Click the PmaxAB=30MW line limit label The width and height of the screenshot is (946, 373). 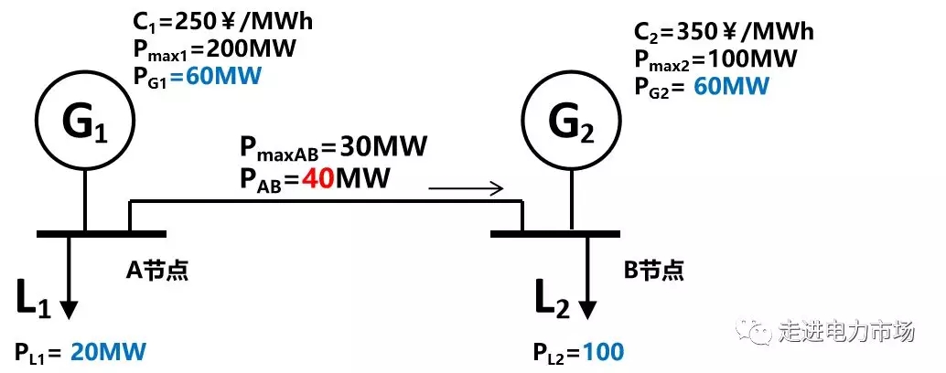click(334, 146)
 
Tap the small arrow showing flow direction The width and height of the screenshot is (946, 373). click(466, 189)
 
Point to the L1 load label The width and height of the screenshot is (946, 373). click(32, 301)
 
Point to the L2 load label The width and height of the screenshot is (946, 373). click(552, 301)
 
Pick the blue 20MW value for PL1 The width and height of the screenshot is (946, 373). click(107, 352)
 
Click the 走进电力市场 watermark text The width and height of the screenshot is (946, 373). click(846, 331)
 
